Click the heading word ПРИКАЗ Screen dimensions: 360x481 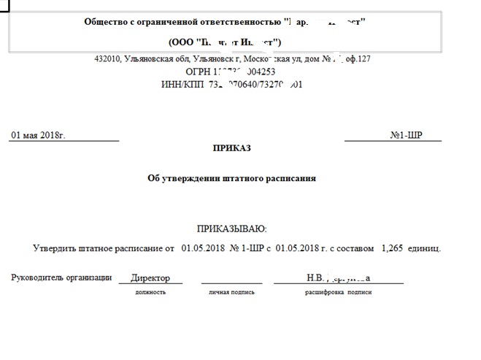(231, 148)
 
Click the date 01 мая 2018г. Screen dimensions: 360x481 (38, 135)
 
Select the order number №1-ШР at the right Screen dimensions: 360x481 (406, 135)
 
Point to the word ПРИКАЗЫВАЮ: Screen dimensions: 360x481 (232, 229)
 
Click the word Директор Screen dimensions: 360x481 (150, 278)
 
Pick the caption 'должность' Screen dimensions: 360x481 (150, 292)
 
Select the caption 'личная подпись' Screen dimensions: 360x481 (231, 292)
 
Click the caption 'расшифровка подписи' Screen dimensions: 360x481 (339, 292)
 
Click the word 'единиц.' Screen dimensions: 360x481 (425, 248)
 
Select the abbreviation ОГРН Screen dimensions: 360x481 (198, 72)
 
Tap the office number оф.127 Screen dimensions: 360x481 (358, 59)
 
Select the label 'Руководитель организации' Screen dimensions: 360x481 (61, 277)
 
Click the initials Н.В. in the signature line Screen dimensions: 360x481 (315, 278)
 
